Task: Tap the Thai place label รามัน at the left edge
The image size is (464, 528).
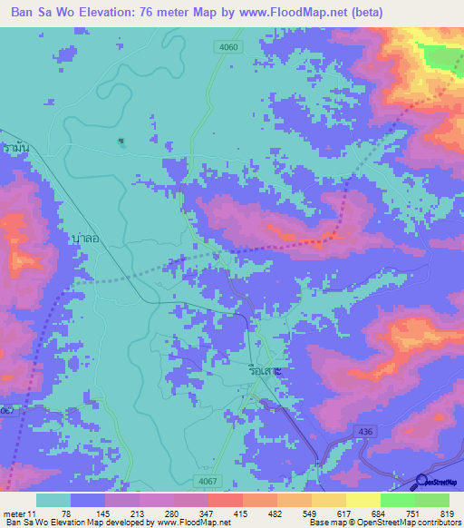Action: tap(14, 147)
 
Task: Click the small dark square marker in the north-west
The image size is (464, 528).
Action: tap(121, 141)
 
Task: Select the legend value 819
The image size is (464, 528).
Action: tap(448, 513)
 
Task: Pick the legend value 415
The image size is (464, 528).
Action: tap(240, 513)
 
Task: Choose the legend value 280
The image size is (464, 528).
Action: tap(171, 513)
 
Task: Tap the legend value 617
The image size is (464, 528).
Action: tap(344, 513)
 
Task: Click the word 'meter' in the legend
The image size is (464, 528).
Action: tap(14, 513)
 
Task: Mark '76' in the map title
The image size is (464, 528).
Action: tap(167, 13)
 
